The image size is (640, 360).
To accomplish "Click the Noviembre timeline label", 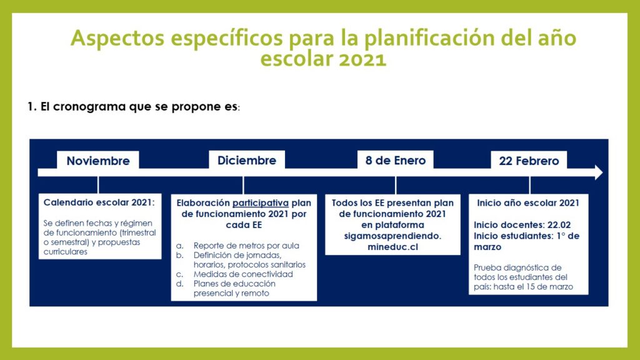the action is (x=98, y=161).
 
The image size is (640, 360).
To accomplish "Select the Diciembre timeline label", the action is (x=246, y=161).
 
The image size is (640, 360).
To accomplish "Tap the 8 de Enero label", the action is (x=395, y=161).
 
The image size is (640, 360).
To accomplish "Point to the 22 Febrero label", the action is (x=529, y=161).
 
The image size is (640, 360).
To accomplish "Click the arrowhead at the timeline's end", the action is (x=599, y=172).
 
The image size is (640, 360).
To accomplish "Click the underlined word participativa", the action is (x=261, y=203).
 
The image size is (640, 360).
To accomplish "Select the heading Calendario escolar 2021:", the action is (x=99, y=202).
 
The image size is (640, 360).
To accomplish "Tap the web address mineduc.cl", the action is (x=392, y=247).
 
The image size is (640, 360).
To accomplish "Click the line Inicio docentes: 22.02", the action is (x=522, y=225).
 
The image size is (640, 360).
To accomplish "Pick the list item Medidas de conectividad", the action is (x=243, y=274).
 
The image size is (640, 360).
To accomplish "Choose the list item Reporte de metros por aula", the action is (x=246, y=246).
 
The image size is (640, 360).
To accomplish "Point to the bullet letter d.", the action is (x=179, y=284).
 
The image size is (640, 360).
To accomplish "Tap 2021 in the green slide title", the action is (x=362, y=59).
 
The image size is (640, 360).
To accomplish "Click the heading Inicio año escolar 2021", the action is (x=527, y=203).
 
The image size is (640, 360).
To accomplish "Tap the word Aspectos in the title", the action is (x=117, y=38).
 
